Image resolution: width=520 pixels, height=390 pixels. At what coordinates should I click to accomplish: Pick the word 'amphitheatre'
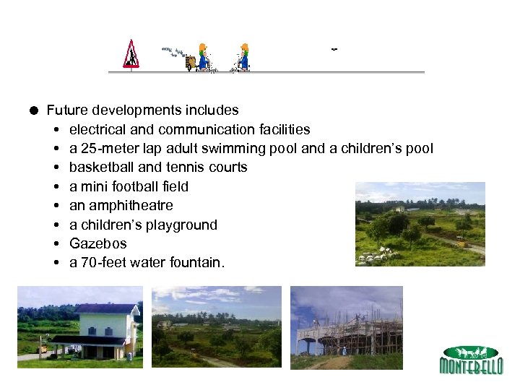click(131, 206)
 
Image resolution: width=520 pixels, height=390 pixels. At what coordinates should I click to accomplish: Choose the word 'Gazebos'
click(97, 244)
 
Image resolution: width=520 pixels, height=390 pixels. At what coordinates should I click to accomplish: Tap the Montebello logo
click(471, 360)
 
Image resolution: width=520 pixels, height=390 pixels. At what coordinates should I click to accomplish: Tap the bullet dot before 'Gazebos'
click(56, 244)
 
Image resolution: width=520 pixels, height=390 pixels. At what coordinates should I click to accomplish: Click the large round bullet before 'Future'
click(35, 110)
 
